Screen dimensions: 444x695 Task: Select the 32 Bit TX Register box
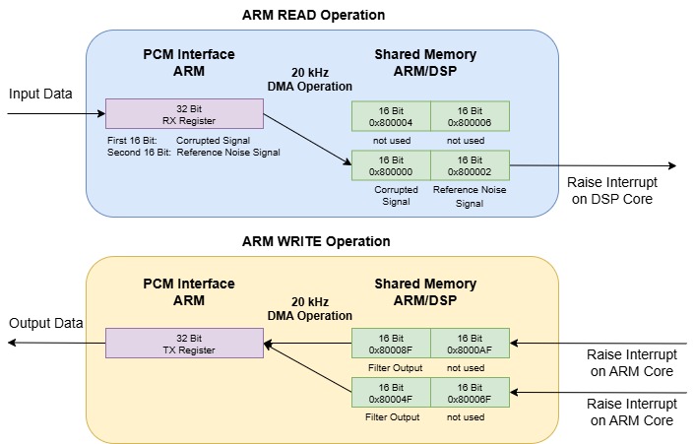click(x=184, y=344)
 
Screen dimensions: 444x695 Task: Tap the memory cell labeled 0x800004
click(x=391, y=116)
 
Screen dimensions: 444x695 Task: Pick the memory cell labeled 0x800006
click(x=470, y=116)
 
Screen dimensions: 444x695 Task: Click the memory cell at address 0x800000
click(x=391, y=164)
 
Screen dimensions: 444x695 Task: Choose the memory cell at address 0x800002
click(x=470, y=164)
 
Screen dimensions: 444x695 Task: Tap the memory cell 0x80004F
click(x=391, y=393)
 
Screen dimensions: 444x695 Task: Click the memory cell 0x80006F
click(x=470, y=393)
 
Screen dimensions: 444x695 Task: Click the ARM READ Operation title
click(x=313, y=15)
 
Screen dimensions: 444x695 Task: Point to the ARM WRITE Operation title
click(x=316, y=241)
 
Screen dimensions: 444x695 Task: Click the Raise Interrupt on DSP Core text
click(x=611, y=190)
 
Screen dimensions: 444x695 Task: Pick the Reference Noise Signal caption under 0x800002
click(x=470, y=197)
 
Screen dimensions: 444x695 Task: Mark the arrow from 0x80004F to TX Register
click(x=307, y=368)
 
